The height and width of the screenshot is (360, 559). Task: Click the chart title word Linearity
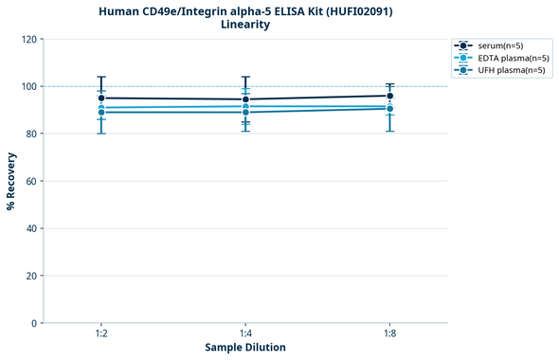245,25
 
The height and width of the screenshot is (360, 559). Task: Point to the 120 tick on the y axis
28,39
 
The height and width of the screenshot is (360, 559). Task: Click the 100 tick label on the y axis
28,86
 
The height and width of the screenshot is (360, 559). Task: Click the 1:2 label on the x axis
101,334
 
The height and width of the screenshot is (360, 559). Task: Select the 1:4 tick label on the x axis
245,334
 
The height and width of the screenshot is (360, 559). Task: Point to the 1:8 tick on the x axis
390,334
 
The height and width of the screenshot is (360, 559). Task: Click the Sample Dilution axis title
245,348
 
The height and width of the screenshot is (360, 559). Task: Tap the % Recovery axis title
11,181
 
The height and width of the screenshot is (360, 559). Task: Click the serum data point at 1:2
101,98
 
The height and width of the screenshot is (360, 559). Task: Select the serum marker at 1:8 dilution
390,96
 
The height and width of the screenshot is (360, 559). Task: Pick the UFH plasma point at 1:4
245,112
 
